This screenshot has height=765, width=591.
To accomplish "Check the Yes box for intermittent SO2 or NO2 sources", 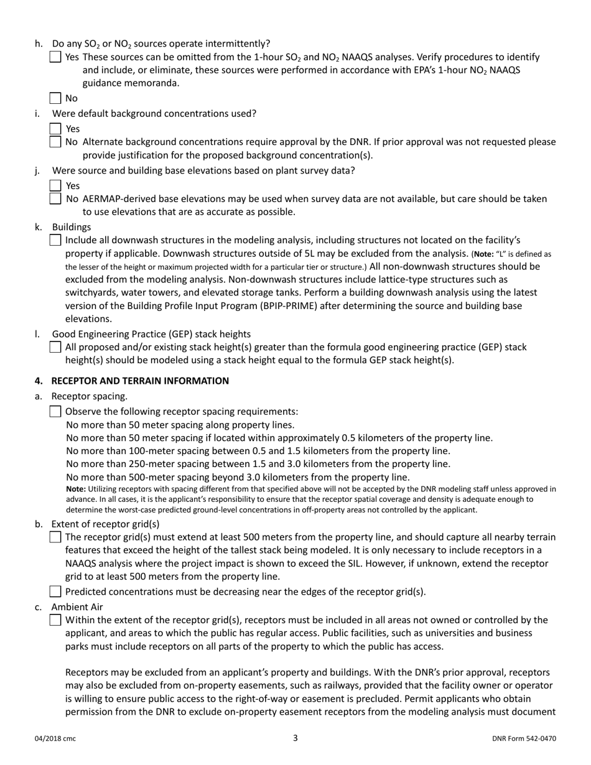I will pyautogui.click(x=55, y=57).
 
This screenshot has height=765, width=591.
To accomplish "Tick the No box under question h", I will pyautogui.click(x=55, y=98).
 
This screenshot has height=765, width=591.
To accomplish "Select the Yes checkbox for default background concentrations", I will pyautogui.click(x=55, y=129).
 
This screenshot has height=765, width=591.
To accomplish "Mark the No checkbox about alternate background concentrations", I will pyautogui.click(x=55, y=142).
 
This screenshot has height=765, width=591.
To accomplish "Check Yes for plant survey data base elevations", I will pyautogui.click(x=55, y=185).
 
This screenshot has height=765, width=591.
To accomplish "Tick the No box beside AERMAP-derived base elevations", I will pyautogui.click(x=55, y=199).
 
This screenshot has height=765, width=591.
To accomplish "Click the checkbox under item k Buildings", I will pyautogui.click(x=55, y=240).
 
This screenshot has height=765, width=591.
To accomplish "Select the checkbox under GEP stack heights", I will pyautogui.click(x=55, y=347).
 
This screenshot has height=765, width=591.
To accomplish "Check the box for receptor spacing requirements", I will pyautogui.click(x=55, y=411).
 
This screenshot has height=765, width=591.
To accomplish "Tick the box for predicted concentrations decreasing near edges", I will pyautogui.click(x=55, y=591).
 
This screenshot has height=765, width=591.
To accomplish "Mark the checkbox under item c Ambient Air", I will pyautogui.click(x=55, y=619).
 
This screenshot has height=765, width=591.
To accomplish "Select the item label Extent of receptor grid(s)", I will pyautogui.click(x=105, y=524).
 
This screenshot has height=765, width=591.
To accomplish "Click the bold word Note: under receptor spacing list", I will pyautogui.click(x=76, y=489).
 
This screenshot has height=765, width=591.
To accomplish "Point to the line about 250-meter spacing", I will pyautogui.click(x=258, y=464).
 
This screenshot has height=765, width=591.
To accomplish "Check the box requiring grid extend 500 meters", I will pyautogui.click(x=55, y=537).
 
